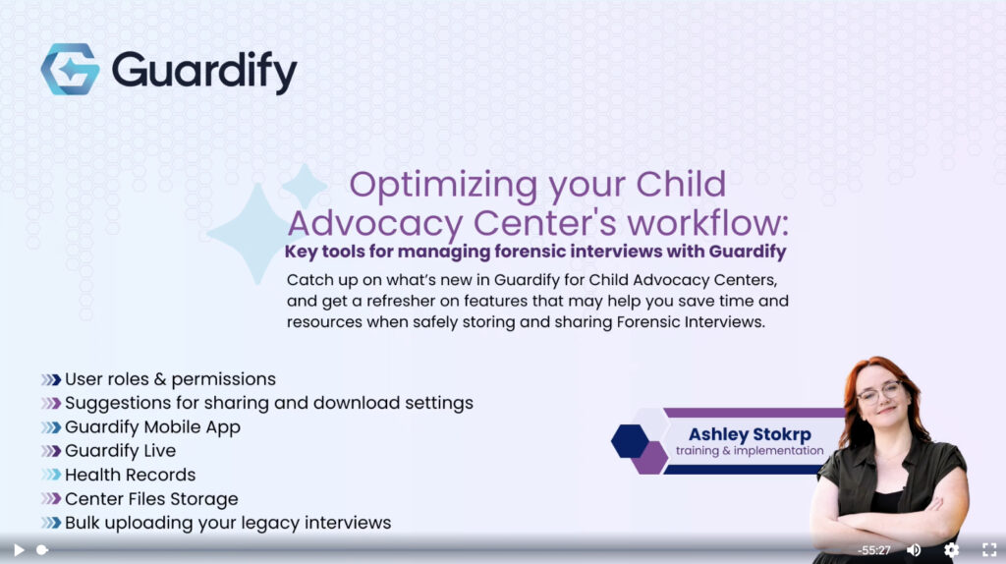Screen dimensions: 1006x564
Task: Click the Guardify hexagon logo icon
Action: coord(71,70)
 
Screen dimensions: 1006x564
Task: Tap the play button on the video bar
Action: coord(20,550)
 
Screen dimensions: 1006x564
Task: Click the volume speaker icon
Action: coord(914,550)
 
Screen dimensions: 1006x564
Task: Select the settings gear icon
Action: coord(951,550)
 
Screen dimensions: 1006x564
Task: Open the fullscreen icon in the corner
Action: coord(989,550)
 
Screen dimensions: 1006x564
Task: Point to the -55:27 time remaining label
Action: coord(873,550)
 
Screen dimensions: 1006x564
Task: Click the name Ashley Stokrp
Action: coord(750,434)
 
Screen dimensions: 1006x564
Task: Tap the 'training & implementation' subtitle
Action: coord(750,450)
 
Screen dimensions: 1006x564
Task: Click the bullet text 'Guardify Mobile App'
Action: coord(152,427)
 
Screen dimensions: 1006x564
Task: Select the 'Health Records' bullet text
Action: coord(131,475)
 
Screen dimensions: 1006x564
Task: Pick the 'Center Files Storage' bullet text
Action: coord(151,499)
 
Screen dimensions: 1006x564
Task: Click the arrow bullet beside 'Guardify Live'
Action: coord(51,451)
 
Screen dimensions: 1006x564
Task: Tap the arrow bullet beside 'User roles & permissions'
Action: coord(51,380)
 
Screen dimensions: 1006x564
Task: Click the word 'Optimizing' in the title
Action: coord(443,186)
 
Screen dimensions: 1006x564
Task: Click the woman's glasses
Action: coord(879,391)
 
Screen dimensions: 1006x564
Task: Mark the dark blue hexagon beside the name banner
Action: coord(630,441)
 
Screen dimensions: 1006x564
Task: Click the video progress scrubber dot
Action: coord(41,550)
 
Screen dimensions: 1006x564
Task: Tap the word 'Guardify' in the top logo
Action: coord(204,71)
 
